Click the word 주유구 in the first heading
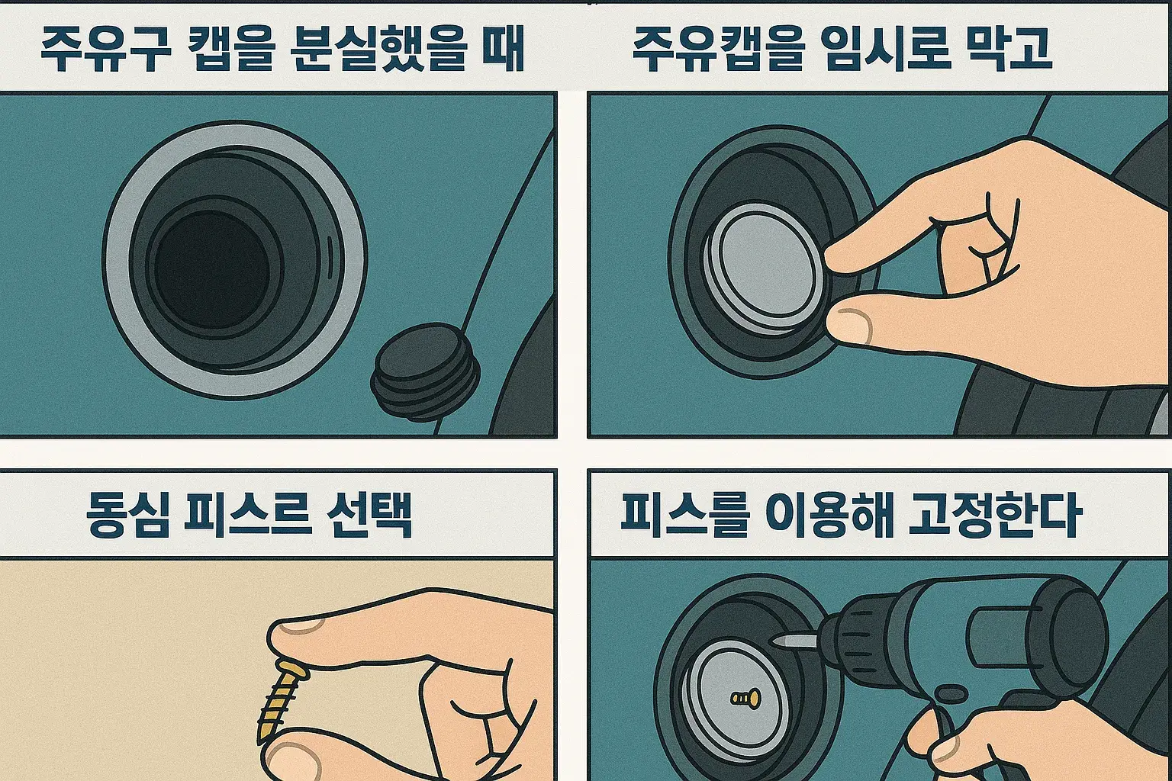[x=106, y=50]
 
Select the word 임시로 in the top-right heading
[x=885, y=50]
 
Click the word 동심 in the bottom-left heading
[x=127, y=515]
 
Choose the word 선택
[x=369, y=515]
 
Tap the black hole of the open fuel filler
[x=212, y=269]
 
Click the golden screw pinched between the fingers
[x=281, y=701]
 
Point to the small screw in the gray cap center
[x=745, y=698]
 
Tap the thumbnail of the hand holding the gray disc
[x=853, y=325]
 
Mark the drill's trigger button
[x=951, y=695]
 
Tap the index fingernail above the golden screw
[x=300, y=625]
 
